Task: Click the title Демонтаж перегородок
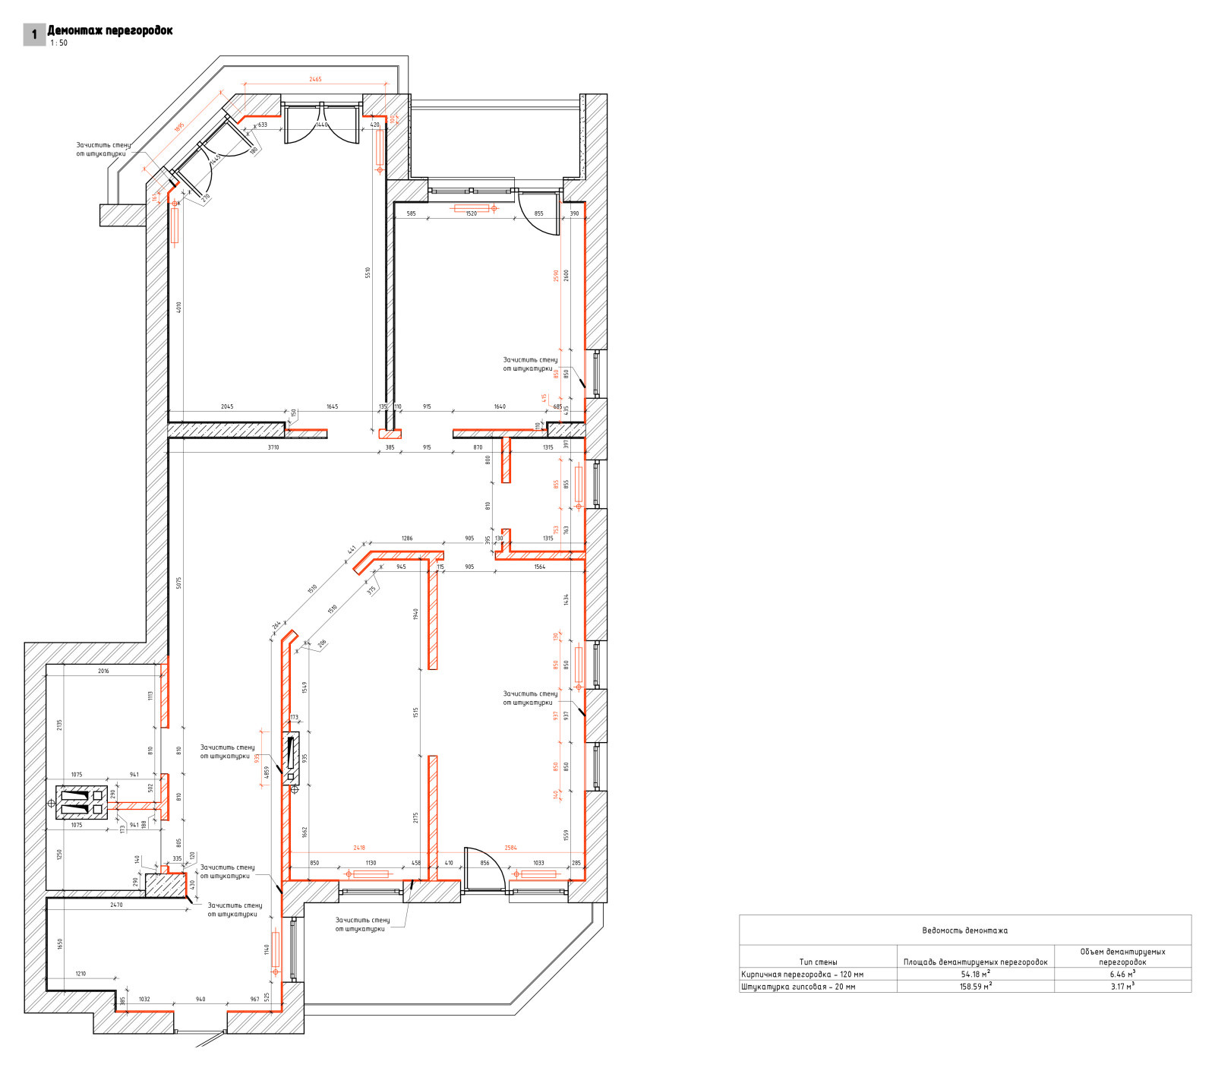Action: click(110, 30)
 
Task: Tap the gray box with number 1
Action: click(34, 35)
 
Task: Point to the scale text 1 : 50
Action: click(59, 43)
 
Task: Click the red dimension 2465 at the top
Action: click(315, 79)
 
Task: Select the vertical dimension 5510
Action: click(368, 272)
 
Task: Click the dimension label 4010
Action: click(179, 308)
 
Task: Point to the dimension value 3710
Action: click(273, 447)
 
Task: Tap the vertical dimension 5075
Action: click(179, 583)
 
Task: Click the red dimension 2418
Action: click(359, 848)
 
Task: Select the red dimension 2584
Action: click(510, 848)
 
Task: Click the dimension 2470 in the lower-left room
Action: click(116, 905)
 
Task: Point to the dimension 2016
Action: click(103, 671)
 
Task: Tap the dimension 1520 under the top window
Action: click(471, 213)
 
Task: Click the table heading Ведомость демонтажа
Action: click(964, 930)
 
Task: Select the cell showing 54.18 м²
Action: click(975, 974)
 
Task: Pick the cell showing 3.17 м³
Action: click(1122, 987)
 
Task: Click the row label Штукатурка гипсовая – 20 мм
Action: click(798, 987)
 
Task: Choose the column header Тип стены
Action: click(818, 962)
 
